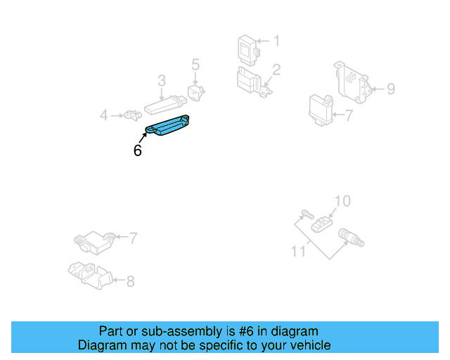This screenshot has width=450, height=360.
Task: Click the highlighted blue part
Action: [x=169, y=124]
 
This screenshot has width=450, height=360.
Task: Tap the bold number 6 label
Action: [x=137, y=150]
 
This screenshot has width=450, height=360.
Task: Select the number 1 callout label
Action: [x=276, y=41]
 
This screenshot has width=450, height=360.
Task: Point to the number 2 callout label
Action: [x=276, y=70]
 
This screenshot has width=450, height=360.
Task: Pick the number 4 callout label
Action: [x=103, y=115]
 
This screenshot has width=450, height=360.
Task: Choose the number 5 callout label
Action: [x=195, y=65]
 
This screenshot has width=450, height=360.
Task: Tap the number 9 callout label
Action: [x=391, y=89]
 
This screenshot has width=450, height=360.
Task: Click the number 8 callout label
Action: [x=130, y=282]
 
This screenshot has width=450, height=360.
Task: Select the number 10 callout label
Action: [x=341, y=202]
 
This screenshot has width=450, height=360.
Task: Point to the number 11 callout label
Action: [x=298, y=250]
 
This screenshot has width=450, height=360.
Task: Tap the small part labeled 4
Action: [x=131, y=114]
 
